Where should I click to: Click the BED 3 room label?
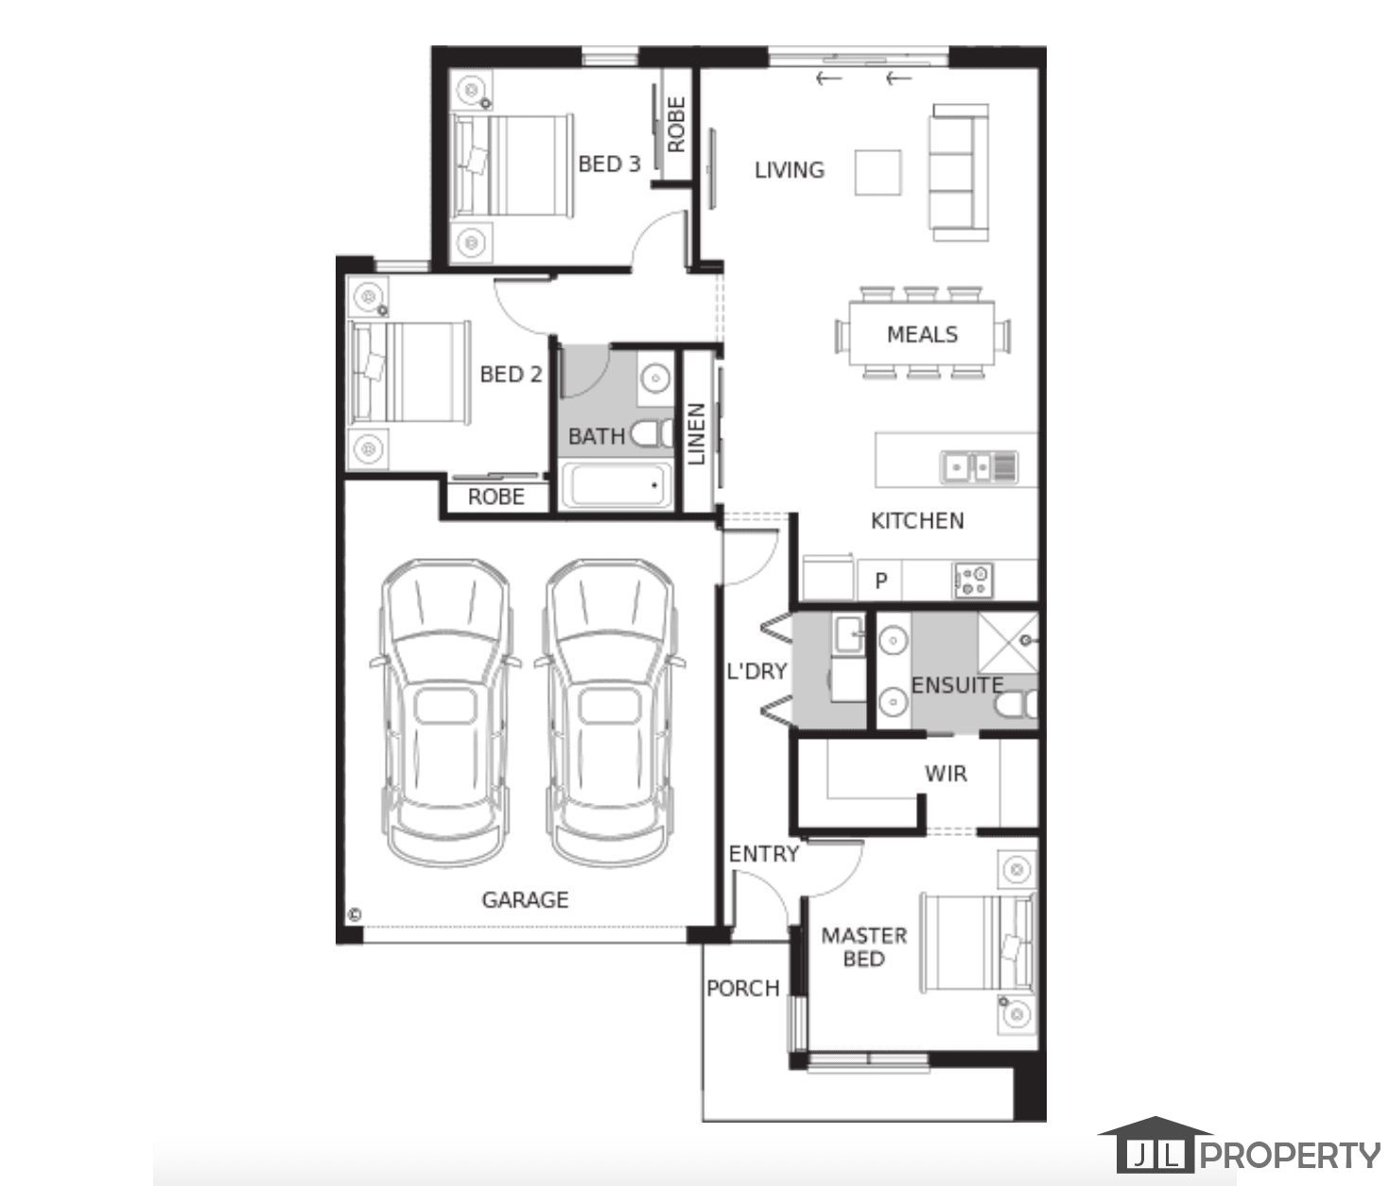tap(609, 165)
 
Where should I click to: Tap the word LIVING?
tap(790, 170)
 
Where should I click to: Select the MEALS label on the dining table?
tap(922, 335)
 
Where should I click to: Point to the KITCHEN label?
tap(917, 521)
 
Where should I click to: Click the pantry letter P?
tap(881, 581)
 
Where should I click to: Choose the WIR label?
tap(946, 774)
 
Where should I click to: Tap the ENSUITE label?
tap(957, 686)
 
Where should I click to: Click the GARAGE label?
tap(525, 900)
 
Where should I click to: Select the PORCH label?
tap(743, 988)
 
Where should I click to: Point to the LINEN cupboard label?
tap(697, 434)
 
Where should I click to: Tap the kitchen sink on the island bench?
tap(979, 467)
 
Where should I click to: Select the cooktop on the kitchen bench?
tap(973, 581)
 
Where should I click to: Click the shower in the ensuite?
tap(1008, 643)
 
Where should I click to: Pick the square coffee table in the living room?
tap(877, 173)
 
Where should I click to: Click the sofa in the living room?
tap(959, 173)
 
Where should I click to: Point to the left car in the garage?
tap(445, 713)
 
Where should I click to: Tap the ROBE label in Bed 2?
tap(496, 497)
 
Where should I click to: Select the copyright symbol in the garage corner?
tap(356, 915)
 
